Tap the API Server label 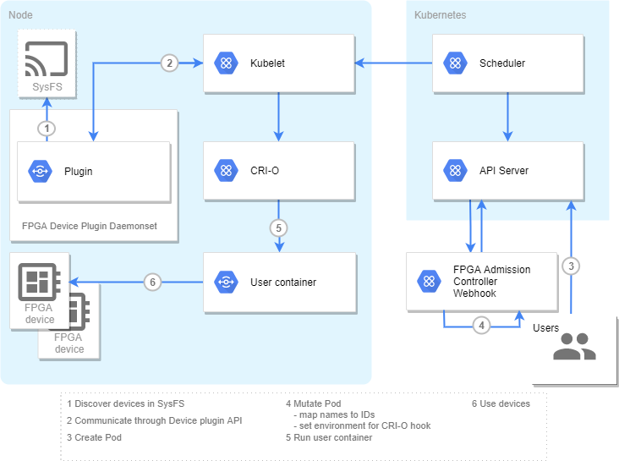[x=503, y=171]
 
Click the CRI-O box [x=278, y=171]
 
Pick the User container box [x=278, y=282]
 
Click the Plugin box [x=94, y=172]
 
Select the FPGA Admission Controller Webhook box [x=482, y=282]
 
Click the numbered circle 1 [x=48, y=129]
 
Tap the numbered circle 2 [x=170, y=63]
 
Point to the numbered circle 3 [x=572, y=266]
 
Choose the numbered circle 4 [x=481, y=325]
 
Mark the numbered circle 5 [x=279, y=228]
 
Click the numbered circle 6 [x=152, y=283]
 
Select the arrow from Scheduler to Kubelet [x=393, y=63]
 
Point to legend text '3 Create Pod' [x=95, y=437]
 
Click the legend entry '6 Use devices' [x=501, y=403]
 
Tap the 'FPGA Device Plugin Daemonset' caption [x=89, y=227]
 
